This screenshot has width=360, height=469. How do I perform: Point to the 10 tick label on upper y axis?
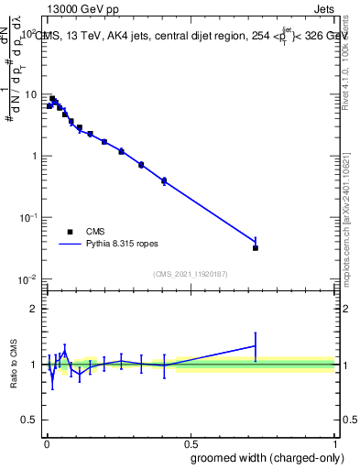pyautogui.click(x=32, y=94)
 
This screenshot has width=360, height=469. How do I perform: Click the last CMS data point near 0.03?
pyautogui.click(x=256, y=247)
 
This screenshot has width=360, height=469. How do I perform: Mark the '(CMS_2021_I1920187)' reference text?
pyautogui.click(x=191, y=273)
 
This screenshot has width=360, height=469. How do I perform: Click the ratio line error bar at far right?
pyautogui.click(x=256, y=346)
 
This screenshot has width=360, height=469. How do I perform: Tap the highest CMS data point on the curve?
pyautogui.click(x=52, y=98)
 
